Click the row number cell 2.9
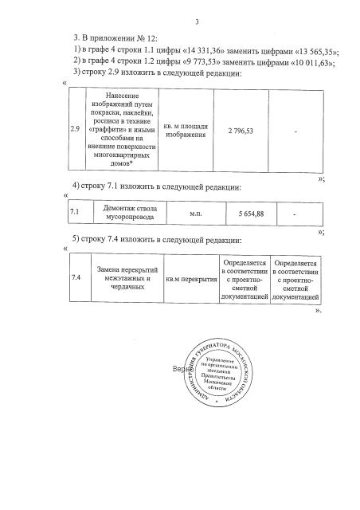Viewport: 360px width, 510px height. pyautogui.click(x=75, y=130)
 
